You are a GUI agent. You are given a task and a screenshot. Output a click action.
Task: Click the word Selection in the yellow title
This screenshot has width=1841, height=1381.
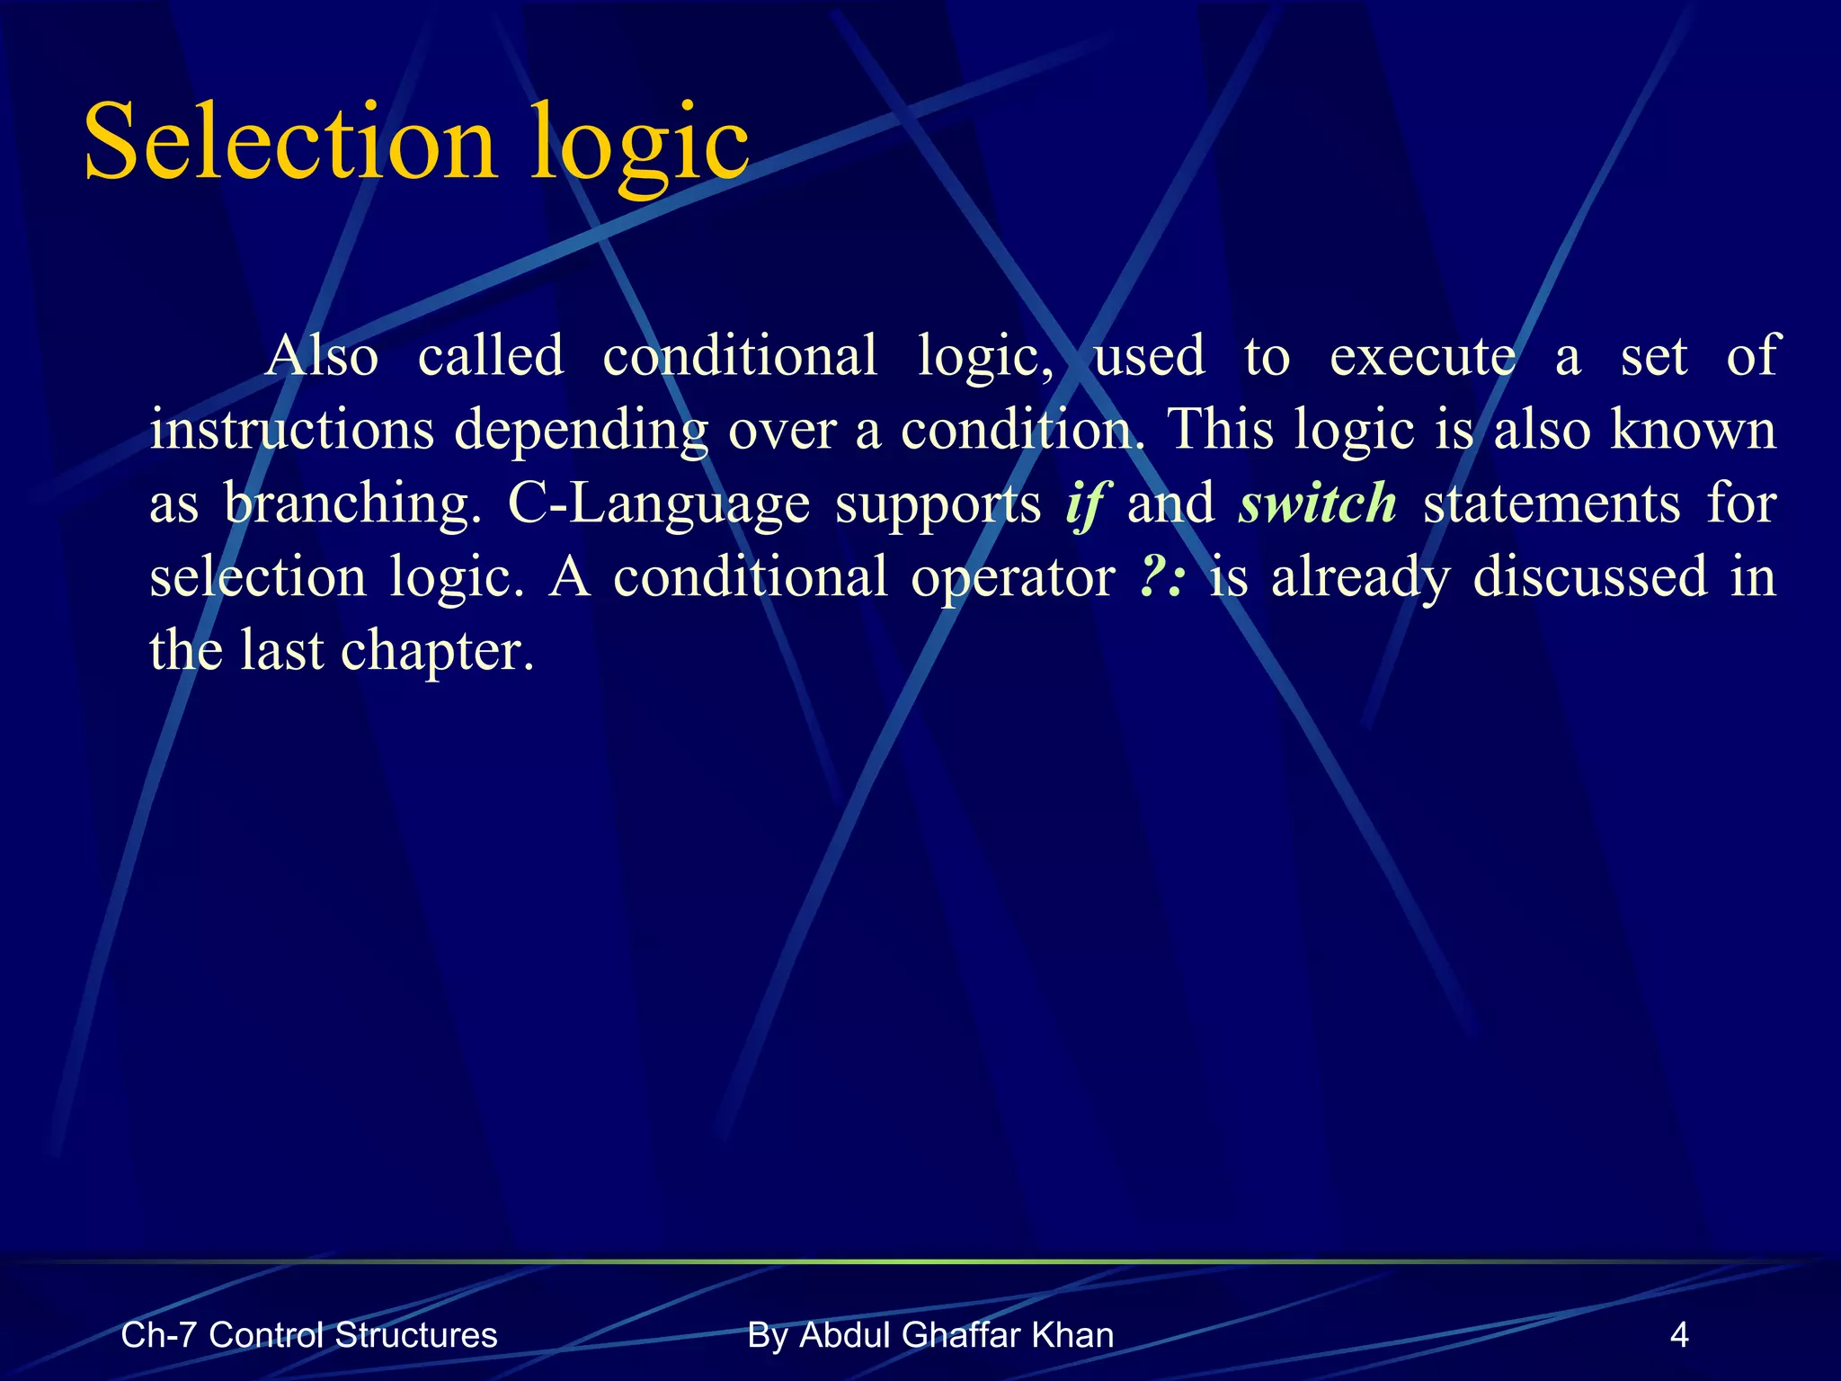(289, 142)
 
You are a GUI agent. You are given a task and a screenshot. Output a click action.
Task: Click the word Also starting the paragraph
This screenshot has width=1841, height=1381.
(322, 355)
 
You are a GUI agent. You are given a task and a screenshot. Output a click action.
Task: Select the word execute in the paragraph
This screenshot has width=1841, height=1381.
(1422, 355)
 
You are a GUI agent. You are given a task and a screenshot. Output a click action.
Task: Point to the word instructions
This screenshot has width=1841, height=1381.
(292, 429)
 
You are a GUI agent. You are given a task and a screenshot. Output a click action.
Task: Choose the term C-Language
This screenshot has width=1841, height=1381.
(659, 503)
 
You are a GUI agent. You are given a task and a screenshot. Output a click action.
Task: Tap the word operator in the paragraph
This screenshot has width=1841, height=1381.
(1012, 578)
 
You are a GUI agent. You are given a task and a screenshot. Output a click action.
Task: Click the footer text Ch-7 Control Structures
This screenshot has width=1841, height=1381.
(308, 1335)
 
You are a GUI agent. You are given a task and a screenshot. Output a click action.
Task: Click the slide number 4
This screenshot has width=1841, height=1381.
(1678, 1335)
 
